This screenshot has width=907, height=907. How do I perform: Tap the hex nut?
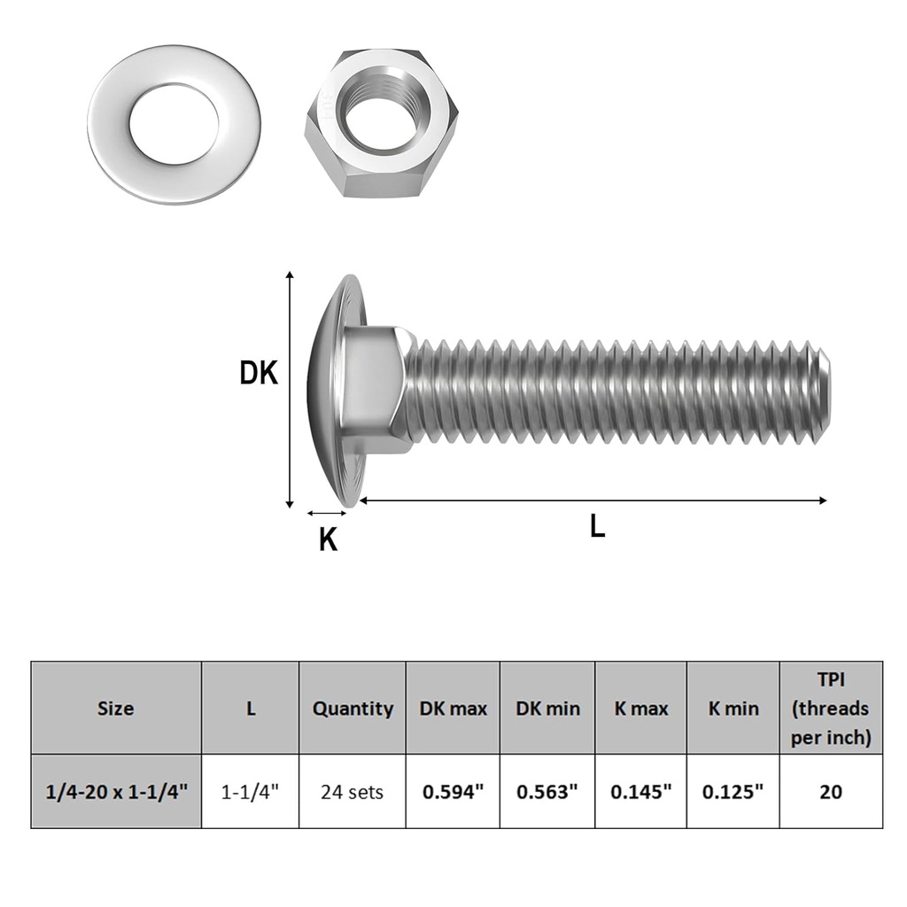tap(381, 124)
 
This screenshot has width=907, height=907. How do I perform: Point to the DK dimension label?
tap(259, 374)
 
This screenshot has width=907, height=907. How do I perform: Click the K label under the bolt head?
tap(328, 539)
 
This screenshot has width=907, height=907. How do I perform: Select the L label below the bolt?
tap(598, 528)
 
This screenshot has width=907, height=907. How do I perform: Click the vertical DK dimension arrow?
tap(290, 390)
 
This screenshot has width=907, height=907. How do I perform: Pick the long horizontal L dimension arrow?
tap(593, 500)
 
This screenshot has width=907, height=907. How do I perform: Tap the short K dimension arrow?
tap(327, 513)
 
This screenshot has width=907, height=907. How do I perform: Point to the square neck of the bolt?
tap(377, 390)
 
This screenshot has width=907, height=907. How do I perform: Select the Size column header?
tap(116, 708)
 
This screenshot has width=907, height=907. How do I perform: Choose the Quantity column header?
tap(353, 708)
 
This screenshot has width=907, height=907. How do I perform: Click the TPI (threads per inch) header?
tap(831, 708)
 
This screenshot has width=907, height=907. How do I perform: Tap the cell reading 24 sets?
tap(353, 791)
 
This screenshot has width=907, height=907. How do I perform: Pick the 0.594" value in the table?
tap(453, 791)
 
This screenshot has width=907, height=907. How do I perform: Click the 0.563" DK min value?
tap(547, 791)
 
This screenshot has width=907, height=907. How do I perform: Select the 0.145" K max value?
tap(641, 791)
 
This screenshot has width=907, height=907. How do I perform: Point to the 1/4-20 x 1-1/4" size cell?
tap(116, 791)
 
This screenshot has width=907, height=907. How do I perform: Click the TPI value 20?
tap(831, 791)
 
